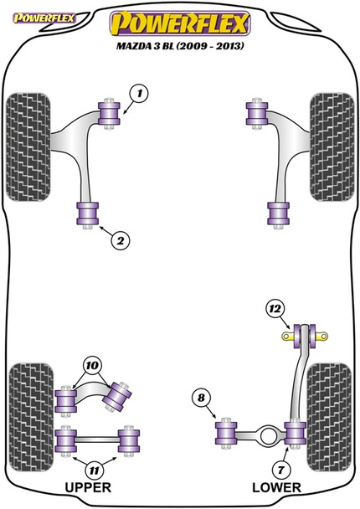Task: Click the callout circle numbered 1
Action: coord(139,94)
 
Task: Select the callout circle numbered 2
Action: coord(120,241)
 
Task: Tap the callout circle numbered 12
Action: coord(275,309)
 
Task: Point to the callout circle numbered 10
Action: coord(92,366)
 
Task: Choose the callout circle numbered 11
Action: coord(94,470)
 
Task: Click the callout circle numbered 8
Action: coord(201,398)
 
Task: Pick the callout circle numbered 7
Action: coord(280,470)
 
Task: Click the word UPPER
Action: coord(88,487)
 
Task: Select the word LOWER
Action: coord(276,487)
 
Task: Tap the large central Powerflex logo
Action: coord(180,23)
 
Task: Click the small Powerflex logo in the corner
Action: coord(44,18)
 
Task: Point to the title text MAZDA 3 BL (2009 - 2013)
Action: coord(180,46)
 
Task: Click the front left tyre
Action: coord(28,147)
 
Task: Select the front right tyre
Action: coord(332,147)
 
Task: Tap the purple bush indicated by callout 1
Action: coord(109,113)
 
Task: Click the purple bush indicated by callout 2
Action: coord(88,213)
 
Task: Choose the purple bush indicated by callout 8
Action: coord(226,433)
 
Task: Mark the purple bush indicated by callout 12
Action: coord(305,336)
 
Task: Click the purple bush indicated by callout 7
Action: coord(295,433)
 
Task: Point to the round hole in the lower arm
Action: coord(269,435)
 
